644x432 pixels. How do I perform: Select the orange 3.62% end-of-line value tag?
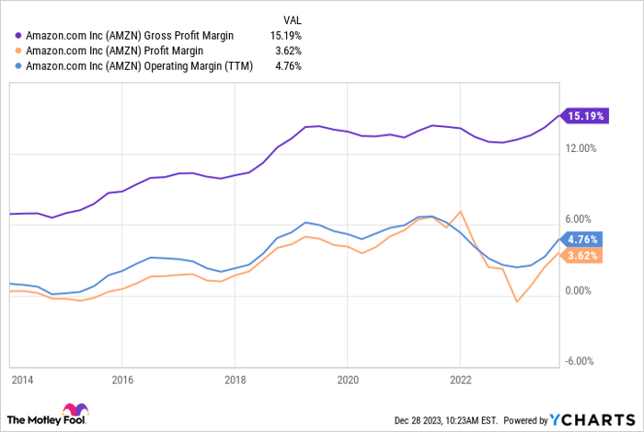(x=582, y=256)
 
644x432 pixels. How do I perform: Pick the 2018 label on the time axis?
(x=236, y=379)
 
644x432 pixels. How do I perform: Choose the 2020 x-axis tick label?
(x=348, y=379)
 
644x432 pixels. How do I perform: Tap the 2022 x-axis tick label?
(x=460, y=379)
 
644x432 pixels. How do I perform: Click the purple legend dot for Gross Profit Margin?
(x=18, y=35)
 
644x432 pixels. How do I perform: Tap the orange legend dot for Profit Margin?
(x=18, y=51)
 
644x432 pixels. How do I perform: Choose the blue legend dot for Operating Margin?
(x=18, y=66)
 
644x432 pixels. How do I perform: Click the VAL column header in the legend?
(x=292, y=18)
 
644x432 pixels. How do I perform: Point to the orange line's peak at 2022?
(x=460, y=212)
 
